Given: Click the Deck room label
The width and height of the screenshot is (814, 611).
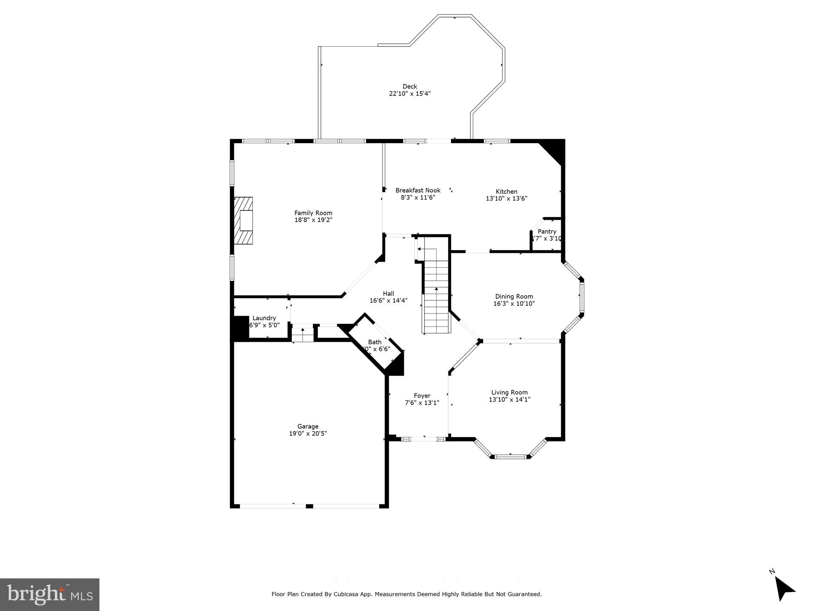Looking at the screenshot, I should (x=410, y=86).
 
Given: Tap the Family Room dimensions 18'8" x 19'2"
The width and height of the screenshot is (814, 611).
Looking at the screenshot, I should (x=313, y=220).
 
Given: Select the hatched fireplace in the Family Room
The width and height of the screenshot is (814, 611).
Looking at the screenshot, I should (x=243, y=220).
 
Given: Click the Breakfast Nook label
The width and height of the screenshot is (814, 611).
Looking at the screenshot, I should (x=418, y=190).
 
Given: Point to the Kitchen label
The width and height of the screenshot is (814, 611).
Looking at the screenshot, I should (x=506, y=191).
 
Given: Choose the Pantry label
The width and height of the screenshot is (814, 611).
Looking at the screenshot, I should (x=547, y=232).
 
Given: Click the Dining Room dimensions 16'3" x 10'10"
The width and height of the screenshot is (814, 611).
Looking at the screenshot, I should (x=514, y=304).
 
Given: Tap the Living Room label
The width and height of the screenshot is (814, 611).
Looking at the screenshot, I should (x=509, y=392).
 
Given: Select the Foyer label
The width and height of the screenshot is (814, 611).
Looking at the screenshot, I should (x=422, y=395).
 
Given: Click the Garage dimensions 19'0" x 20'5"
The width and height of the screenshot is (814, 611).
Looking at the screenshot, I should (x=308, y=434).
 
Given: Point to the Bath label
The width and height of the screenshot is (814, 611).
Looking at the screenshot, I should (x=375, y=342).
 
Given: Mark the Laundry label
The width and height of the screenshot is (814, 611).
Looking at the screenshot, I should (x=264, y=318).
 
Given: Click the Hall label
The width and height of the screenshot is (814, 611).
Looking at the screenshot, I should (x=388, y=294).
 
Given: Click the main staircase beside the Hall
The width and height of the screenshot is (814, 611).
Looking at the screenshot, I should (x=436, y=302).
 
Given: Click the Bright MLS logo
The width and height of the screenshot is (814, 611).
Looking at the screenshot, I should (x=49, y=594).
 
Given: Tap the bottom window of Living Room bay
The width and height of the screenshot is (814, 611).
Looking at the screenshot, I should (x=511, y=456).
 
